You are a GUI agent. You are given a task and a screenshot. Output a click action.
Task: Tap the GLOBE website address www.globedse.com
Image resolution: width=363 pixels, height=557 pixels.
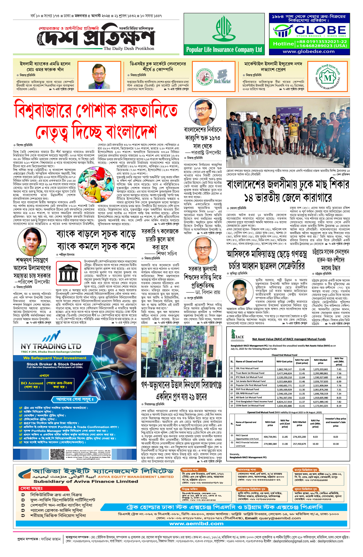pos(309,51)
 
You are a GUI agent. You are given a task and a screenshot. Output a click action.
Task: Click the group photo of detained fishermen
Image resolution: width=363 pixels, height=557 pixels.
pos(288,137)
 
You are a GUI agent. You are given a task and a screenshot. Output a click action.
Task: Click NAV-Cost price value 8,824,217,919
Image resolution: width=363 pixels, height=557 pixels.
pos(284,402)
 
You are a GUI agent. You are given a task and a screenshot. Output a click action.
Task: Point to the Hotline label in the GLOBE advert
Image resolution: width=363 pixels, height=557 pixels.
pos(283,44)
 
